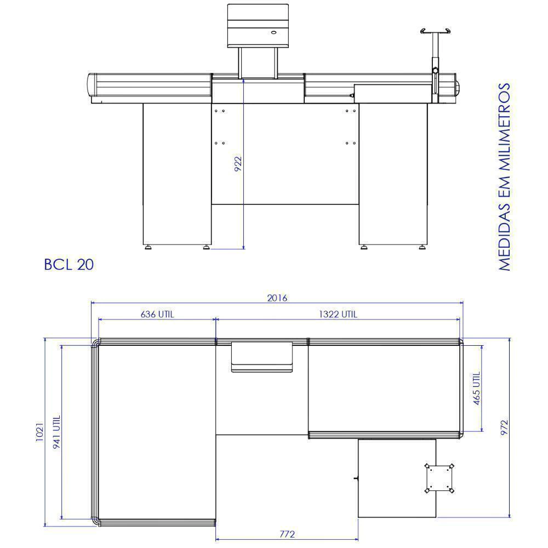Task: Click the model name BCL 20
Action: (x=69, y=265)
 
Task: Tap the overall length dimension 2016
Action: (x=277, y=298)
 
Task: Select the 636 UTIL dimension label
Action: (x=157, y=314)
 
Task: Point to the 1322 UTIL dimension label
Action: (x=338, y=314)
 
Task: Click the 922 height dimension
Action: (x=238, y=164)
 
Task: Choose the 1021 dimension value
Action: (x=40, y=432)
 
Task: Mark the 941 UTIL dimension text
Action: (x=56, y=432)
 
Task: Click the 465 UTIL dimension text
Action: (x=477, y=389)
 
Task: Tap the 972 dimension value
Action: (x=504, y=427)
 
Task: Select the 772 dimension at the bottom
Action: (x=287, y=534)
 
